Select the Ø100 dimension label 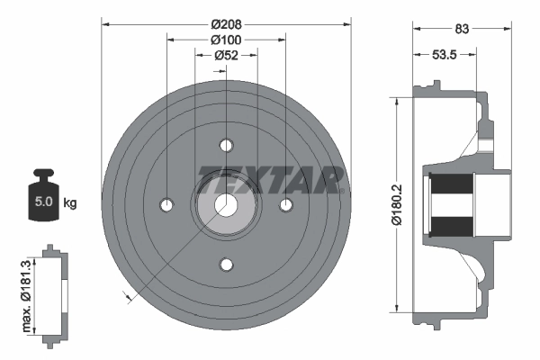(x=226, y=40)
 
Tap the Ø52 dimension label (x=226, y=56)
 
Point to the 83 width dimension (x=463, y=30)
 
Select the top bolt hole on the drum (x=226, y=145)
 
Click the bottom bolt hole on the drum (x=226, y=265)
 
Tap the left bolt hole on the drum (x=166, y=205)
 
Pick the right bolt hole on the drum (x=286, y=205)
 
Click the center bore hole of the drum (x=226, y=205)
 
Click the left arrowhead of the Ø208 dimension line (x=104, y=23)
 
